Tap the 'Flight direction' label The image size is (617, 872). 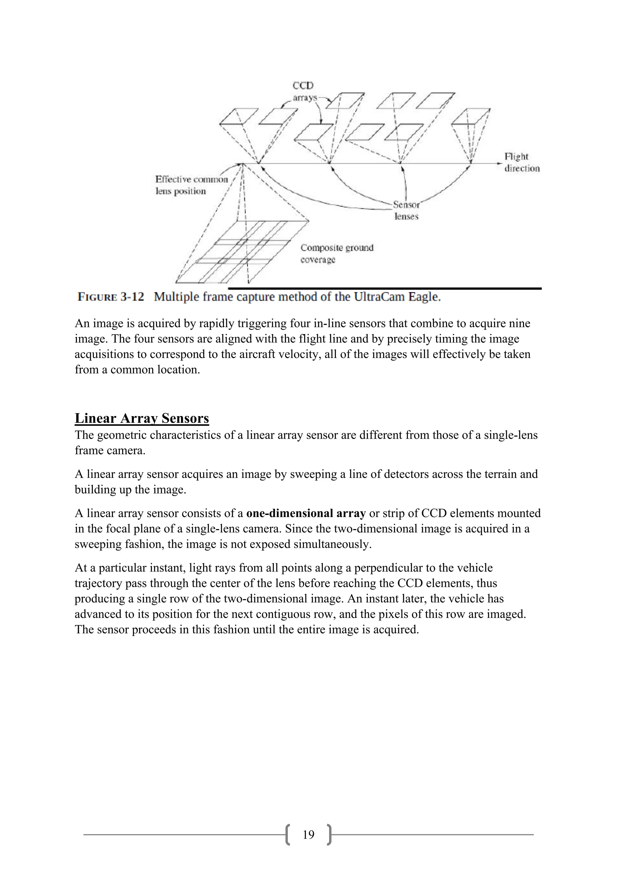point(521,162)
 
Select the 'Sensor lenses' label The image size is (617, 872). point(406,210)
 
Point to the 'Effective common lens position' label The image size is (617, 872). point(192,185)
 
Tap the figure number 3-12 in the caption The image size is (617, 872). point(132,297)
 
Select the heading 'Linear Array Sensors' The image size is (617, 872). point(142,418)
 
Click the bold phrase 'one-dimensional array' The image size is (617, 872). point(306,513)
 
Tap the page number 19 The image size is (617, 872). point(308,834)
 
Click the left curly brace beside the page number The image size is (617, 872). point(288,834)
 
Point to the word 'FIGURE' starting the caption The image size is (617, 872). point(97,297)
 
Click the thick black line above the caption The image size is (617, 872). point(384,289)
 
